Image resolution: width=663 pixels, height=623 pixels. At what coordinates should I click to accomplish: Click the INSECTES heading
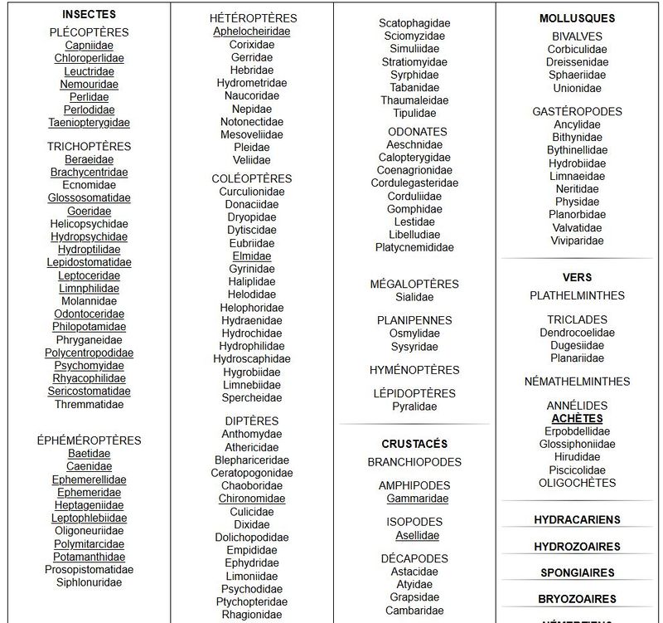point(89,14)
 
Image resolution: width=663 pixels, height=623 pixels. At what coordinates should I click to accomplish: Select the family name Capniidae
point(89,46)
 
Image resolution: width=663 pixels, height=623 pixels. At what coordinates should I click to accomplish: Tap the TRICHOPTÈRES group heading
point(89,147)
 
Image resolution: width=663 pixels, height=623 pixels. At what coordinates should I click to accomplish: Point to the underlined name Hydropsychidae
point(89,236)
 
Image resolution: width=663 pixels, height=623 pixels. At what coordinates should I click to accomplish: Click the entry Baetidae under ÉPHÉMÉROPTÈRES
point(89,454)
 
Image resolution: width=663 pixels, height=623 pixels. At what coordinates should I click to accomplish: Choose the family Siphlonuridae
point(89,582)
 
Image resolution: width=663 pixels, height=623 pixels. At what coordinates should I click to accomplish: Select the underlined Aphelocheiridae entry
point(252,32)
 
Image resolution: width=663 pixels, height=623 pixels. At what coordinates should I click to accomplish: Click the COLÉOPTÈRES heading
point(252,178)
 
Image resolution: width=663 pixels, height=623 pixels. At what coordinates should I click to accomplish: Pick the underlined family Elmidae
point(252,256)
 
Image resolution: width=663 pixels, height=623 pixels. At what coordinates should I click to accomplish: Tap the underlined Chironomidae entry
point(252,499)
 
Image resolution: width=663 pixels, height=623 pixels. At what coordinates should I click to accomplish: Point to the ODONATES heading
point(417,131)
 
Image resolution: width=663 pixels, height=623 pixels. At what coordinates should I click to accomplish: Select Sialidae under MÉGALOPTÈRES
point(414,297)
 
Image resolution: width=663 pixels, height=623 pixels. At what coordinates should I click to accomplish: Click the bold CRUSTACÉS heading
point(414,444)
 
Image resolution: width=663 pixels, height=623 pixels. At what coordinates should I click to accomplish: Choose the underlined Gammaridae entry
point(417,499)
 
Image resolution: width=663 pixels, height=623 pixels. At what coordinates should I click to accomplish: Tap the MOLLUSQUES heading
point(577,18)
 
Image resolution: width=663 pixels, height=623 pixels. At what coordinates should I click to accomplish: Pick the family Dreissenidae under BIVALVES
point(577,62)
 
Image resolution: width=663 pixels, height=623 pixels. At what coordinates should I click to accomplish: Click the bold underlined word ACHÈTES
point(577,419)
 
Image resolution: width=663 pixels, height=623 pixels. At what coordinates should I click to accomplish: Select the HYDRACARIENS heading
point(577,520)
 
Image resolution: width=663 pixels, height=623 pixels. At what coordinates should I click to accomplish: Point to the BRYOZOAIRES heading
point(577,599)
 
